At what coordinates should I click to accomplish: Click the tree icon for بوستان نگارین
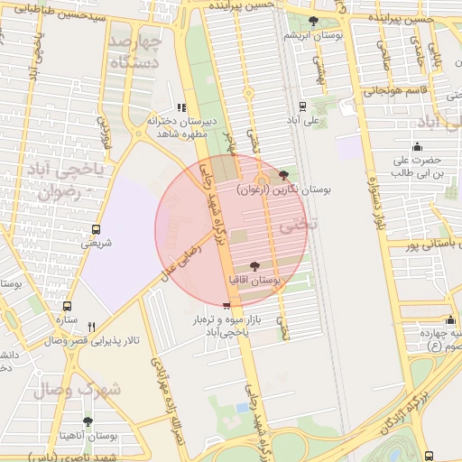click(x=285, y=174)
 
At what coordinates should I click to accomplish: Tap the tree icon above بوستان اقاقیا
click(x=254, y=266)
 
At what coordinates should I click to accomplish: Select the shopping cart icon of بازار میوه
click(x=226, y=307)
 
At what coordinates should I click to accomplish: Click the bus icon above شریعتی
click(x=97, y=228)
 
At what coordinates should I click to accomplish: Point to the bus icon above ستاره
click(x=67, y=306)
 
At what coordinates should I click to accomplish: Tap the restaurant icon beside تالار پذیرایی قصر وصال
click(x=90, y=326)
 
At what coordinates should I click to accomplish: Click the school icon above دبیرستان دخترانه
click(x=181, y=107)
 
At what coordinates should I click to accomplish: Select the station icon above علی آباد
click(x=302, y=106)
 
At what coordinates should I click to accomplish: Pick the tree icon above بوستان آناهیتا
click(x=88, y=421)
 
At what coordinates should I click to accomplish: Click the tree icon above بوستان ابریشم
click(x=313, y=21)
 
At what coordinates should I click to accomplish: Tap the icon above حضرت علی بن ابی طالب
click(x=417, y=146)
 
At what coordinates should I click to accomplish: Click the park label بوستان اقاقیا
click(x=255, y=282)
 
